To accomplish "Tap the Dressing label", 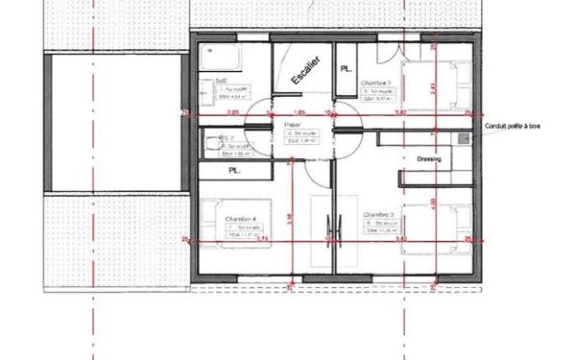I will click(x=429, y=159).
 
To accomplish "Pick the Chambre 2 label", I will click(x=374, y=84).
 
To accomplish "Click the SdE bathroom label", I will click(x=221, y=83).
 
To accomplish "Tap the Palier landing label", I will click(x=292, y=125).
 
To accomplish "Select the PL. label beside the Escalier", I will click(x=346, y=69).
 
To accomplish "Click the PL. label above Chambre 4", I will click(x=233, y=170).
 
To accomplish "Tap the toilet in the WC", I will click(x=210, y=143).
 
